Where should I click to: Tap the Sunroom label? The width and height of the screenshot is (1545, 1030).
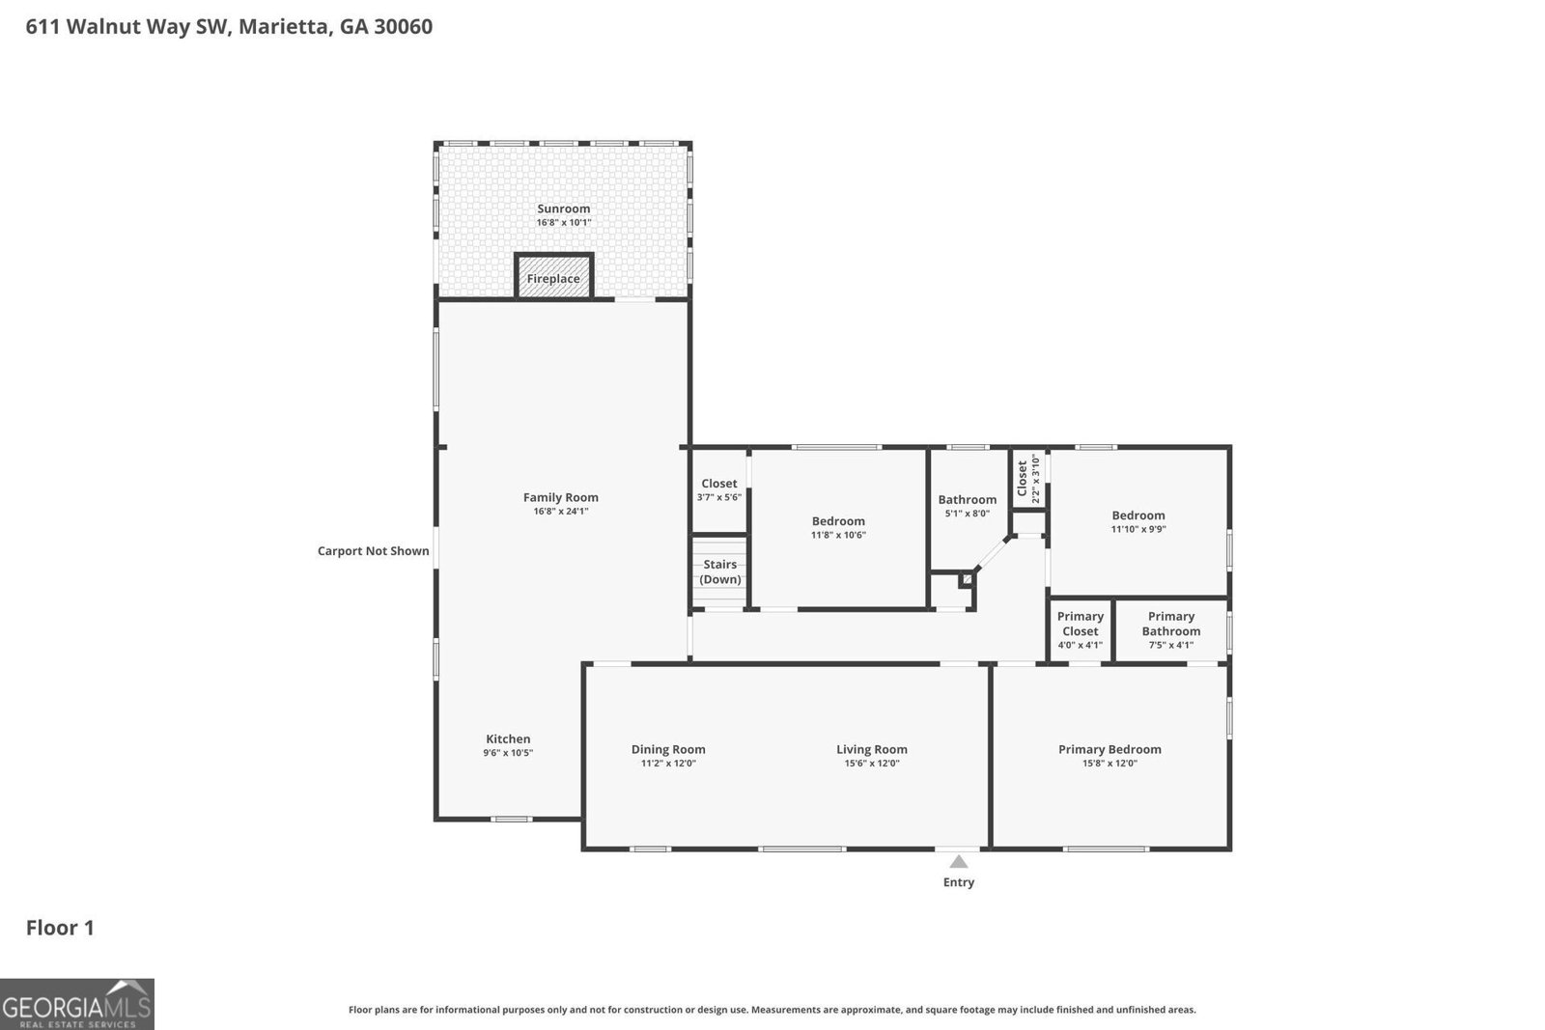point(563,209)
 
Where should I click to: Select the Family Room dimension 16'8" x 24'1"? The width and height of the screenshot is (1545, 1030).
point(561,512)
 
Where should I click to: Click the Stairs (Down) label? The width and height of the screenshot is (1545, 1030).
point(719,571)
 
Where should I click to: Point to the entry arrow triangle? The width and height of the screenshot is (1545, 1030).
point(958,862)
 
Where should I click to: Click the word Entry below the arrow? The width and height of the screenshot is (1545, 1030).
point(958,882)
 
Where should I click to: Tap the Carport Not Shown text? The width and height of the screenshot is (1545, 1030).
point(373,551)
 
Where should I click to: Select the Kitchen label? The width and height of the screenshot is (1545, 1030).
point(508,738)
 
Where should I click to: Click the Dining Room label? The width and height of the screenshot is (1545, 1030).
point(668,749)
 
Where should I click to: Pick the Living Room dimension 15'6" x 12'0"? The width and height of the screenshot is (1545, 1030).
point(871,764)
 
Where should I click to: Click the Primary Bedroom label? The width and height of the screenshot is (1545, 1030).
point(1110,749)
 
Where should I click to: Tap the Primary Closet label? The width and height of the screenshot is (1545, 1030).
point(1080,624)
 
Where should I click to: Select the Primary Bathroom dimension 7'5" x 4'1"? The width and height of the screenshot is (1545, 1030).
point(1170,645)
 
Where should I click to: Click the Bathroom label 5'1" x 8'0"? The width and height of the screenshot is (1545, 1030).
point(967,499)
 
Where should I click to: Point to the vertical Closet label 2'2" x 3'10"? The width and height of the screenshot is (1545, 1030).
point(1028,478)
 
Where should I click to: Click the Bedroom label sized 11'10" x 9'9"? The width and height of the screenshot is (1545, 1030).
point(1138,515)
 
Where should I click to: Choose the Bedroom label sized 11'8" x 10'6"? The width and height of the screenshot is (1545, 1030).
point(838,521)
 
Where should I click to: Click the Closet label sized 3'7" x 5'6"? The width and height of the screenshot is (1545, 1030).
point(718,484)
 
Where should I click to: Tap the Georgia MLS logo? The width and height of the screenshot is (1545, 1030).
point(76,1004)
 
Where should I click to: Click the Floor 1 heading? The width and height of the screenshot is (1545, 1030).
point(60,928)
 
